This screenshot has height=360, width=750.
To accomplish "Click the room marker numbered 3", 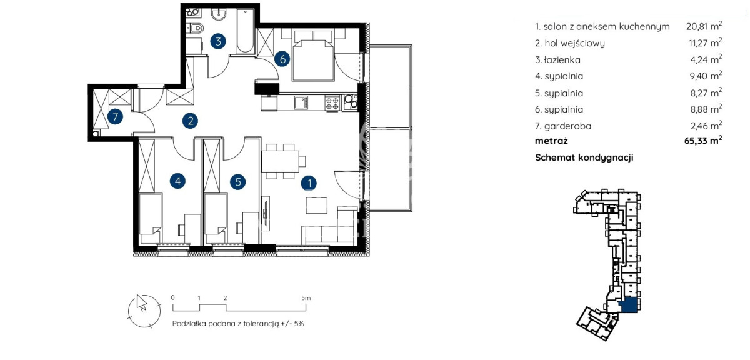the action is (x=218, y=41).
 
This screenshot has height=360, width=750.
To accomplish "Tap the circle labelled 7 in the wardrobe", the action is (x=115, y=117).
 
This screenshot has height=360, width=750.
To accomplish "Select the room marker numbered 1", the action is (x=309, y=183).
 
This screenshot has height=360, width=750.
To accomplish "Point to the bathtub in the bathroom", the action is (x=245, y=31).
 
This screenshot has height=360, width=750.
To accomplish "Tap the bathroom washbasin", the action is (x=219, y=14).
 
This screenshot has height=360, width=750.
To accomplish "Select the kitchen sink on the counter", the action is (x=301, y=102).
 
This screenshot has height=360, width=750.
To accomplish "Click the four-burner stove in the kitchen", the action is (x=332, y=102).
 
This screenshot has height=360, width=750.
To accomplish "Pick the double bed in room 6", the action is (x=313, y=55).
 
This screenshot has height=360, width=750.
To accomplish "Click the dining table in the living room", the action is (x=280, y=161).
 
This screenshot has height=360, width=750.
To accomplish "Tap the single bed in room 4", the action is (x=150, y=218).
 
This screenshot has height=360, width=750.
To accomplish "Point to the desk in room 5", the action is (x=251, y=227).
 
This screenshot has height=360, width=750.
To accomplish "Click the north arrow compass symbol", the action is (x=144, y=311).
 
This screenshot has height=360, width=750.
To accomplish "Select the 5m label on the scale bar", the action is (x=306, y=297).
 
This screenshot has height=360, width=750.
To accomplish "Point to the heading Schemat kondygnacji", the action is (x=584, y=157).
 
